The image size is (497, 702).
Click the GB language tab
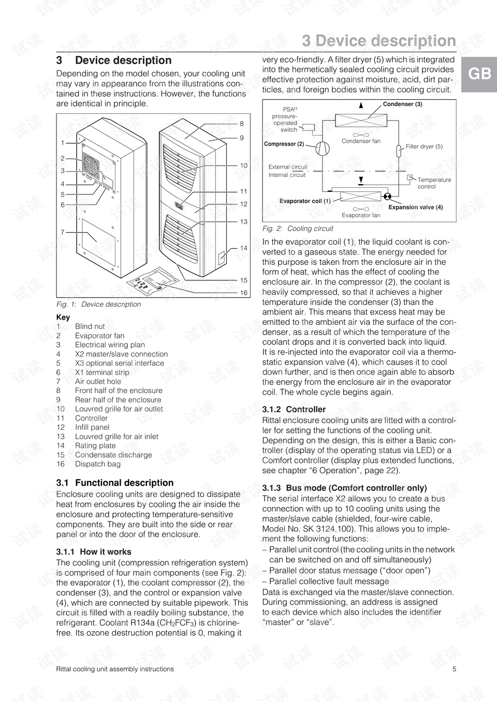479,74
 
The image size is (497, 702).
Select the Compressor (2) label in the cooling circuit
284,144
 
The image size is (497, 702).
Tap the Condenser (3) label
402,104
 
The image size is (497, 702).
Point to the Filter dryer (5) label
424,146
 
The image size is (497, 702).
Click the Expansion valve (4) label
415,207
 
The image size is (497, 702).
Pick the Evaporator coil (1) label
305,201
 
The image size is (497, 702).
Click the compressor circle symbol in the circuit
322,148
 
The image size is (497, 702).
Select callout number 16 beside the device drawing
243,293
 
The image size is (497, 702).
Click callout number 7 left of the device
63,232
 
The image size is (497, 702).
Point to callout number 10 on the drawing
243,166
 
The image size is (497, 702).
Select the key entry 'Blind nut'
90,326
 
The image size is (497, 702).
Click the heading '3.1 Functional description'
115,483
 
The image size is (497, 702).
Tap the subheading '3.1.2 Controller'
294,409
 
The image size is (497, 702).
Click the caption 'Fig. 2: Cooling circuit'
298,229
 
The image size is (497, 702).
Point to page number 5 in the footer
454,669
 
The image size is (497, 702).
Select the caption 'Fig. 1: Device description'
98,304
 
